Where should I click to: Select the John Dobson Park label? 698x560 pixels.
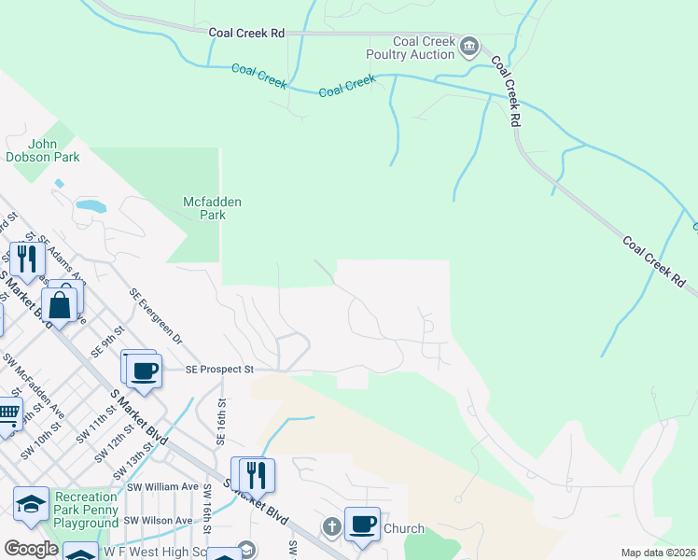tap(53, 150)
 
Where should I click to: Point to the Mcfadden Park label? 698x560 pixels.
tap(203, 207)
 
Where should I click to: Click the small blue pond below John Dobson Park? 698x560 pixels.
tap(90, 204)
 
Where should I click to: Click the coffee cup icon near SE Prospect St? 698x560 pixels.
tap(144, 370)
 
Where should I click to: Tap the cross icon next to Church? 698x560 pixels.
tap(330, 527)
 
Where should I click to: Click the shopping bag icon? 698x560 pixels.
tap(60, 304)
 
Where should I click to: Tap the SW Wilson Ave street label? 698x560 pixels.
tap(159, 520)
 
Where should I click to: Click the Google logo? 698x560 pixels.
tap(31, 548)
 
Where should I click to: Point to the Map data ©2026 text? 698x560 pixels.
tap(658, 553)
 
